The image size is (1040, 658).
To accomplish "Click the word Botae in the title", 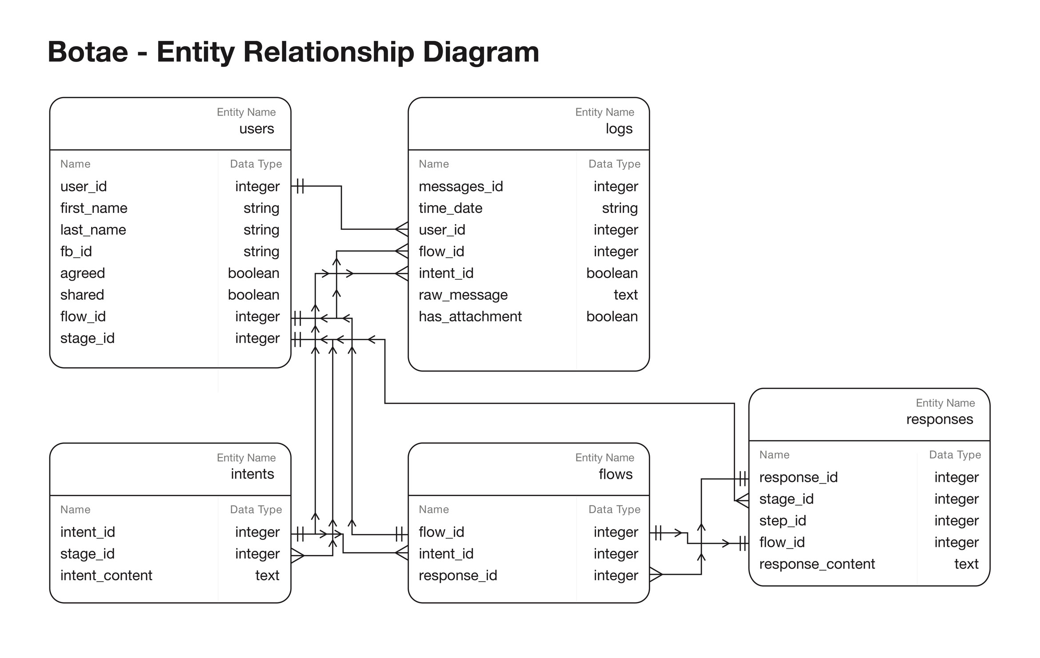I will point(88,52).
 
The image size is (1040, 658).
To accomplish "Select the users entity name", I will point(256,128).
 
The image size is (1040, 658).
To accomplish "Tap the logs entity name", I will point(619,128).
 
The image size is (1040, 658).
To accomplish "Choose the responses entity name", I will point(939,419).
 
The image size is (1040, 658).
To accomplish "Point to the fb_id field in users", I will point(76,252).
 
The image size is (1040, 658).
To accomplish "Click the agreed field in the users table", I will point(83,273).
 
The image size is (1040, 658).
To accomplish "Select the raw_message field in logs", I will point(463,295).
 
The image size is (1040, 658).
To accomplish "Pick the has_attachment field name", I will point(470,317).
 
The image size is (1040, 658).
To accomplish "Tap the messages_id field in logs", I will point(460,186).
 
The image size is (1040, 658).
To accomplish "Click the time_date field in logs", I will point(450,208).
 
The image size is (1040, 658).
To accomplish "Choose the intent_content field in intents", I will point(106,575).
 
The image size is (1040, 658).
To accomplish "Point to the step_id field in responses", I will point(782,521).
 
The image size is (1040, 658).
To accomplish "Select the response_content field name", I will point(816,564).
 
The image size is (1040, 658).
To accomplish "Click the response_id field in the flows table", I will point(457,575).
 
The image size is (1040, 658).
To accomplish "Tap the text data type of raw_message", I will point(625,295).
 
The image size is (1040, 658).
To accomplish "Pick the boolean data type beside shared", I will point(253,295).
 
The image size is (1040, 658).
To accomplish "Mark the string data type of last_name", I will point(261,230).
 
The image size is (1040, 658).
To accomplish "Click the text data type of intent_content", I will point(267,575).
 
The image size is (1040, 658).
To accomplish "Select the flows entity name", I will point(615,474).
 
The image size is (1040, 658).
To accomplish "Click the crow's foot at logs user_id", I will point(402,229).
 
